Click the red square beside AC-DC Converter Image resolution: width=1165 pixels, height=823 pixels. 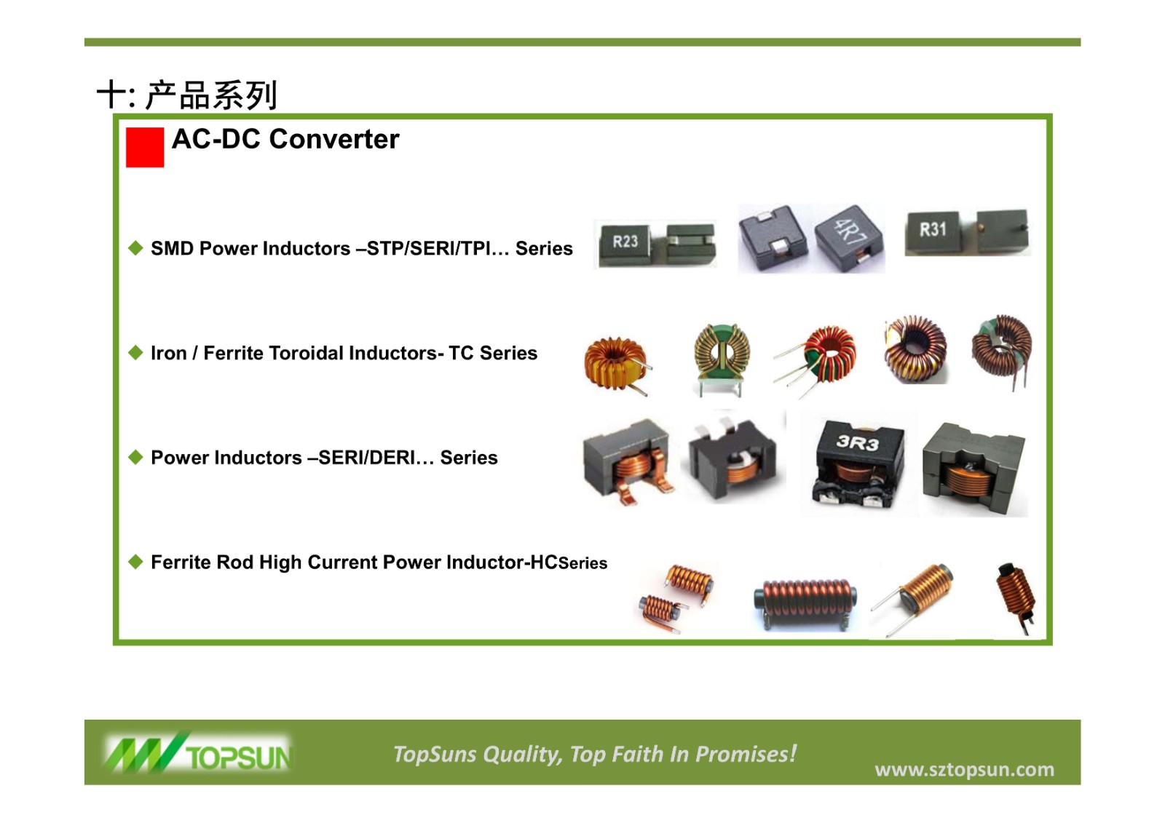(145, 147)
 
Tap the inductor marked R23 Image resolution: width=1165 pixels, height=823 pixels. (625, 244)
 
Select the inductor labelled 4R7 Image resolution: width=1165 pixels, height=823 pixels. (849, 238)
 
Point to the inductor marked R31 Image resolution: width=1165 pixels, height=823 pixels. (933, 232)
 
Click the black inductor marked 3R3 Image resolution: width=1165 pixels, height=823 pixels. (858, 464)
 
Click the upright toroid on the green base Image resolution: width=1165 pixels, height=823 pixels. (722, 359)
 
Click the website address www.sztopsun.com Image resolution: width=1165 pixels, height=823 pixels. (964, 769)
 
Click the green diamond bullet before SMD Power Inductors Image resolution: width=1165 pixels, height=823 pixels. (135, 248)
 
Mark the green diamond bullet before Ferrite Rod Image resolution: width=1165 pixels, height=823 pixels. (135, 562)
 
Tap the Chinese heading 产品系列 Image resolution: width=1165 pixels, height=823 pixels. (210, 95)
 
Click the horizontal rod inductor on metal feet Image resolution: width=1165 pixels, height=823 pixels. (805, 603)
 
